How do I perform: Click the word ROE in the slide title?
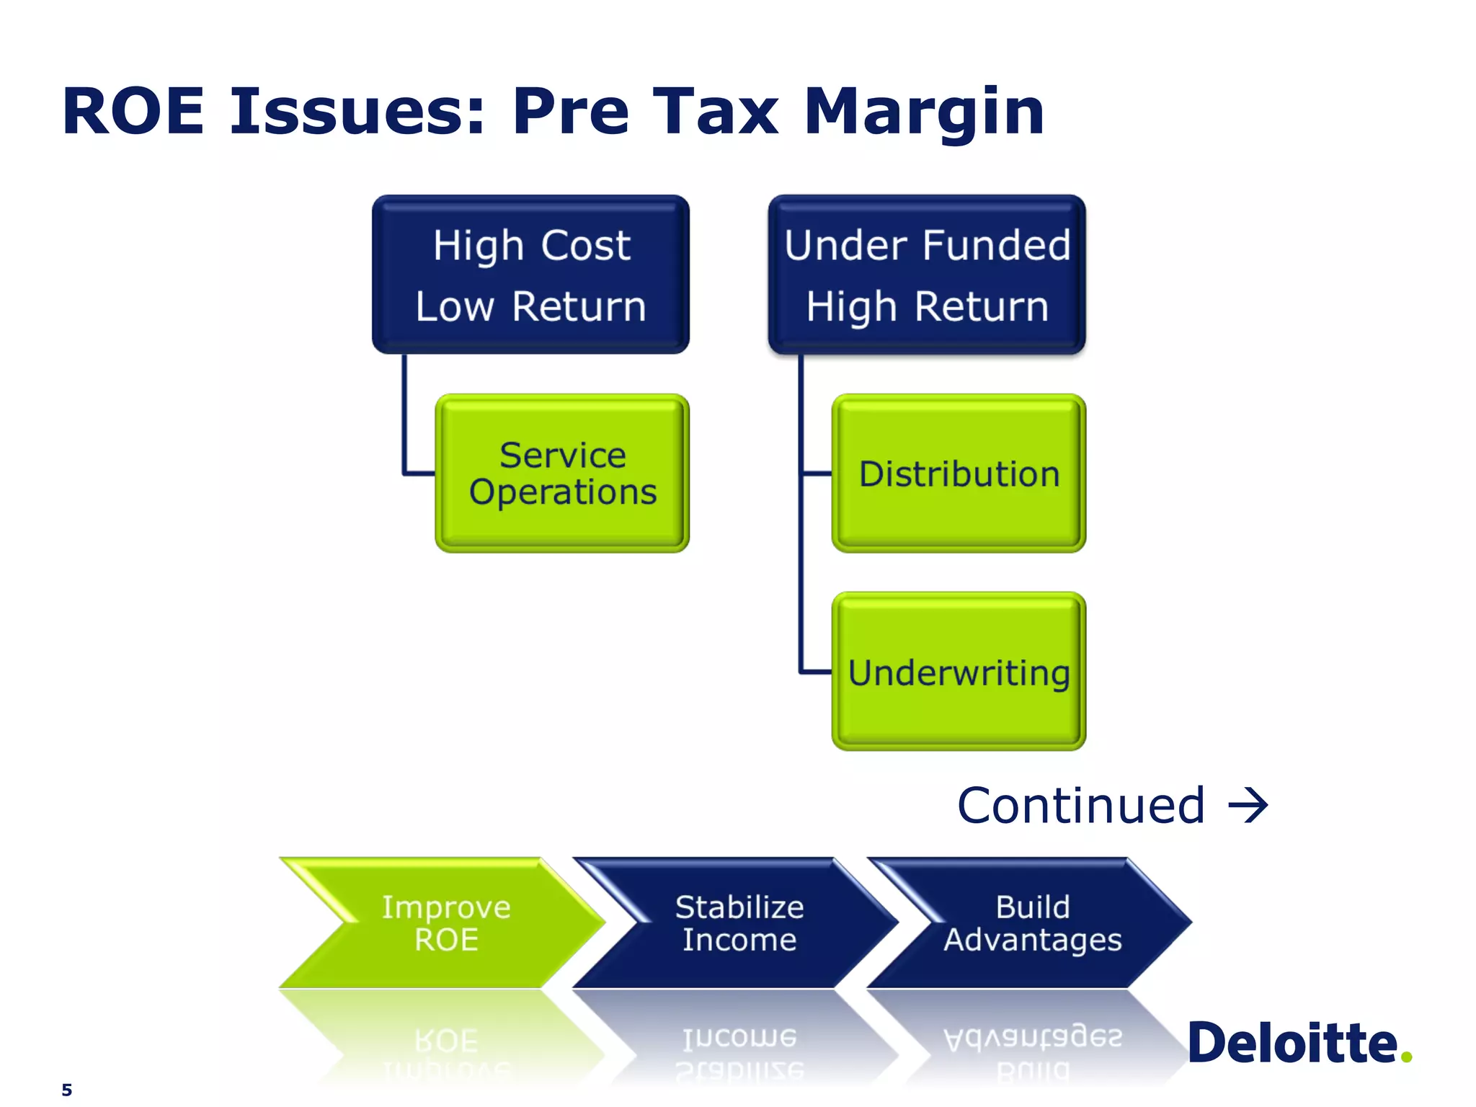(x=134, y=112)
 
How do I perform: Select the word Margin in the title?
(x=924, y=112)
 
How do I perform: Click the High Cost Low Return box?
(x=530, y=275)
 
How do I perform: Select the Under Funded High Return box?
(x=927, y=275)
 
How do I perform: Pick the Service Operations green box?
(x=562, y=474)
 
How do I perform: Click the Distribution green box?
(x=959, y=474)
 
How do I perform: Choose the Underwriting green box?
(x=959, y=672)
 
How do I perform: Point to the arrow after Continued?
(x=1248, y=806)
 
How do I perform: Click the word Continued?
(x=1081, y=806)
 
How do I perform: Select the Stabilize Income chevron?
(x=739, y=922)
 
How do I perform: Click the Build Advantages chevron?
(x=1032, y=922)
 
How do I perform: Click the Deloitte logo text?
(x=1292, y=1044)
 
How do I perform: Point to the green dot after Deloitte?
(x=1406, y=1057)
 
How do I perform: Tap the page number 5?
(x=67, y=1090)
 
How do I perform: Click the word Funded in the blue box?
(x=998, y=245)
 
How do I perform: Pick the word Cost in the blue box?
(x=585, y=245)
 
